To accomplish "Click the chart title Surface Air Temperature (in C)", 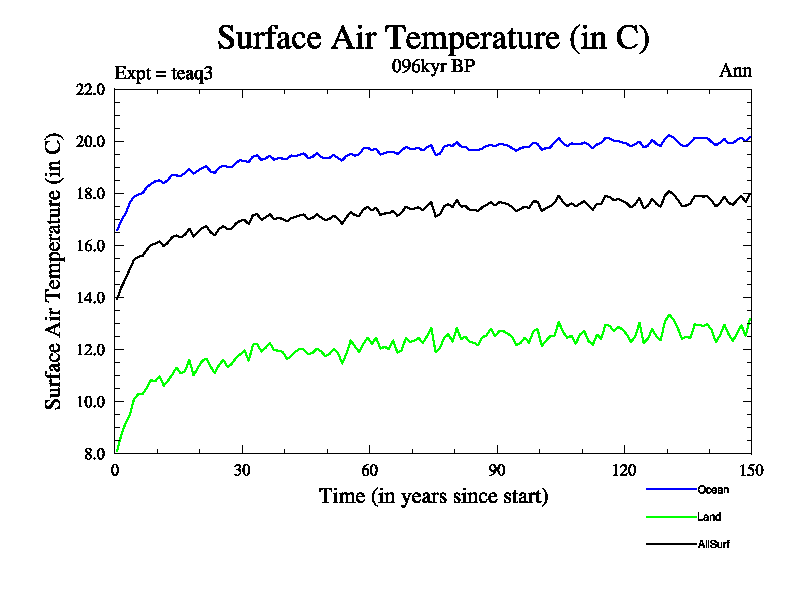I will (x=434, y=38).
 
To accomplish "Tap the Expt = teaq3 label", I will (x=164, y=72).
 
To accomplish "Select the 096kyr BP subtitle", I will (x=433, y=69).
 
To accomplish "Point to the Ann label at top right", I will (x=735, y=71).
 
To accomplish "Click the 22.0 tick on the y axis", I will (x=91, y=89).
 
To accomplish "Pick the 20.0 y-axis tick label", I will (x=91, y=141).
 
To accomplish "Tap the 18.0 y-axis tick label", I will (x=91, y=193).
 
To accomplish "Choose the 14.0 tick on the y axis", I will (x=91, y=297).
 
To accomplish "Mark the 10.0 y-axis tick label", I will (x=91, y=401).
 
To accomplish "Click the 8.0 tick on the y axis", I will (x=95, y=453).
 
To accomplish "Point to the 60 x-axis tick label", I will (x=369, y=471).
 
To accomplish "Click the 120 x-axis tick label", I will (x=624, y=471).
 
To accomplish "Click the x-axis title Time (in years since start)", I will (x=433, y=496).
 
